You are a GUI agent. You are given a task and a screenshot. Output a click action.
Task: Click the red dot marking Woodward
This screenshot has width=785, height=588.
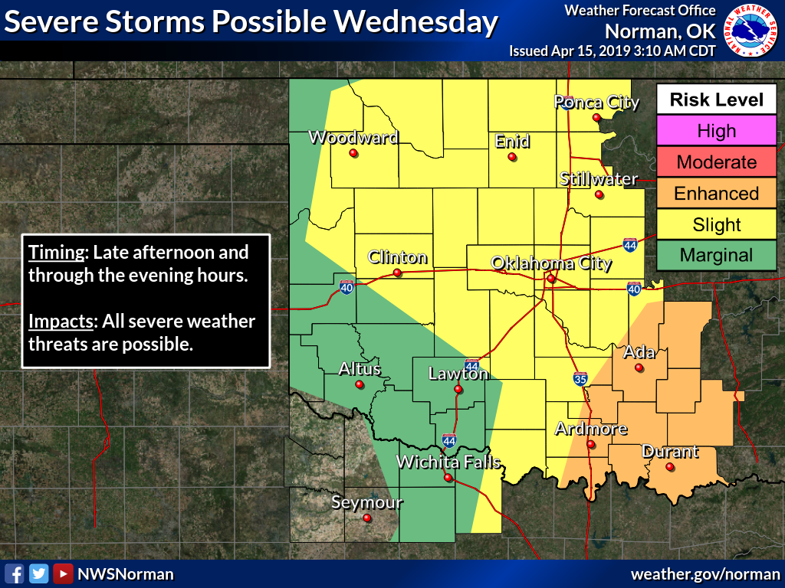click(x=353, y=153)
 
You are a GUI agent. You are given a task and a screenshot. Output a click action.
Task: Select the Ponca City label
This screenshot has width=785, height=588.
click(x=596, y=103)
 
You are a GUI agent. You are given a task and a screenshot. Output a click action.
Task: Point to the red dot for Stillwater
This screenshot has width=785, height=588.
click(x=599, y=194)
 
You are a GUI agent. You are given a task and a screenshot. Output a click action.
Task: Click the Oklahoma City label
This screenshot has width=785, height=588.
click(x=551, y=264)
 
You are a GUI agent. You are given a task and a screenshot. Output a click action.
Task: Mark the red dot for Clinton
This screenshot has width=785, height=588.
click(x=397, y=273)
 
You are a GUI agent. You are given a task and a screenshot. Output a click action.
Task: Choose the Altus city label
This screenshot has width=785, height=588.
click(x=360, y=369)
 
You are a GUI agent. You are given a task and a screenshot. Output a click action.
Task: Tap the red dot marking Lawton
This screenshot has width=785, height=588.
click(x=458, y=389)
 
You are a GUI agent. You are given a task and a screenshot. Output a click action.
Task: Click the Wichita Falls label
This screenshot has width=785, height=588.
click(x=448, y=462)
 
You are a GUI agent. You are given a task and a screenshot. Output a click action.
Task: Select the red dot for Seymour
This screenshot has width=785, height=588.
click(x=366, y=518)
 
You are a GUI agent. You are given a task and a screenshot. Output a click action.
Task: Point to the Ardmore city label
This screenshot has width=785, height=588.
click(x=591, y=429)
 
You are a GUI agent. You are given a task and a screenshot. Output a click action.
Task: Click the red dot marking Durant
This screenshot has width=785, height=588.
click(x=669, y=467)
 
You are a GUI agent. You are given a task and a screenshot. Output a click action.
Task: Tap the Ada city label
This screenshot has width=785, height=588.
click(x=639, y=352)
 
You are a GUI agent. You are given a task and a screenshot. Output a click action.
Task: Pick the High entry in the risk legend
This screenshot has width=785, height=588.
click(x=716, y=131)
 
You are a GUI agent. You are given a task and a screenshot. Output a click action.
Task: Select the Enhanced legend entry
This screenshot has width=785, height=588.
click(x=716, y=194)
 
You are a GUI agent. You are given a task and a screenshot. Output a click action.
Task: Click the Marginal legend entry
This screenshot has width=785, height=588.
click(x=716, y=256)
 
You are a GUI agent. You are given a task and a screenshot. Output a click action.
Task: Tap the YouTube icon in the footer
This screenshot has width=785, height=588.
click(x=63, y=573)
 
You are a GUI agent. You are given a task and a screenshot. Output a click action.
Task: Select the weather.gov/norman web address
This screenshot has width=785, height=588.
click(x=704, y=573)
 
